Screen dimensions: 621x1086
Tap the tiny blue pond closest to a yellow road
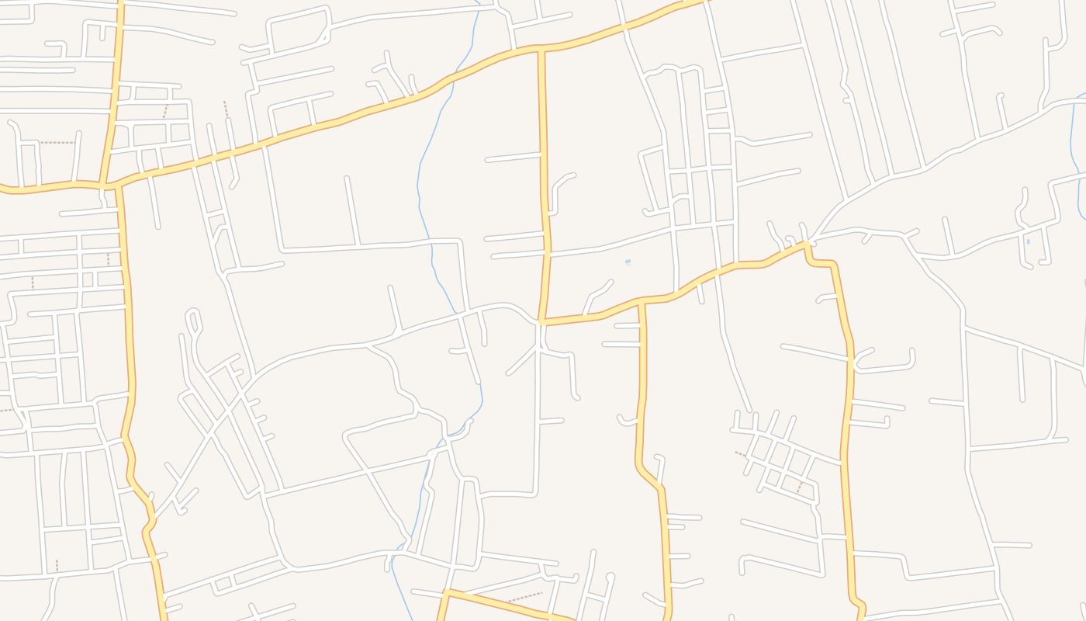tap(628, 262)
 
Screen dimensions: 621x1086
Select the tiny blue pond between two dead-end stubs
tap(1028, 241)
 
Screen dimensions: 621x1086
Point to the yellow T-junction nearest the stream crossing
tap(541, 50)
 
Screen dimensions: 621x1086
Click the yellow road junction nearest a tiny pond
tap(642, 301)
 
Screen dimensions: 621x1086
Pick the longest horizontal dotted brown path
tap(57, 143)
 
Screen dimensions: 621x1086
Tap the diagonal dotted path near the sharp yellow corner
tap(524, 597)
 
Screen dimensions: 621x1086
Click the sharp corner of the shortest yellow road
tap(446, 592)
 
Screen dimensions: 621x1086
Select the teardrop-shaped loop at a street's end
tap(192, 319)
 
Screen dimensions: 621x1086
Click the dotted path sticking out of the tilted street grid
tap(740, 454)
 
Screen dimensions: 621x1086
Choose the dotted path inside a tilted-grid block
tap(800, 487)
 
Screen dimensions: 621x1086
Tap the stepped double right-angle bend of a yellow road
tap(822, 262)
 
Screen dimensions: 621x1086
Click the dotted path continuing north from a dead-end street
tap(225, 109)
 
